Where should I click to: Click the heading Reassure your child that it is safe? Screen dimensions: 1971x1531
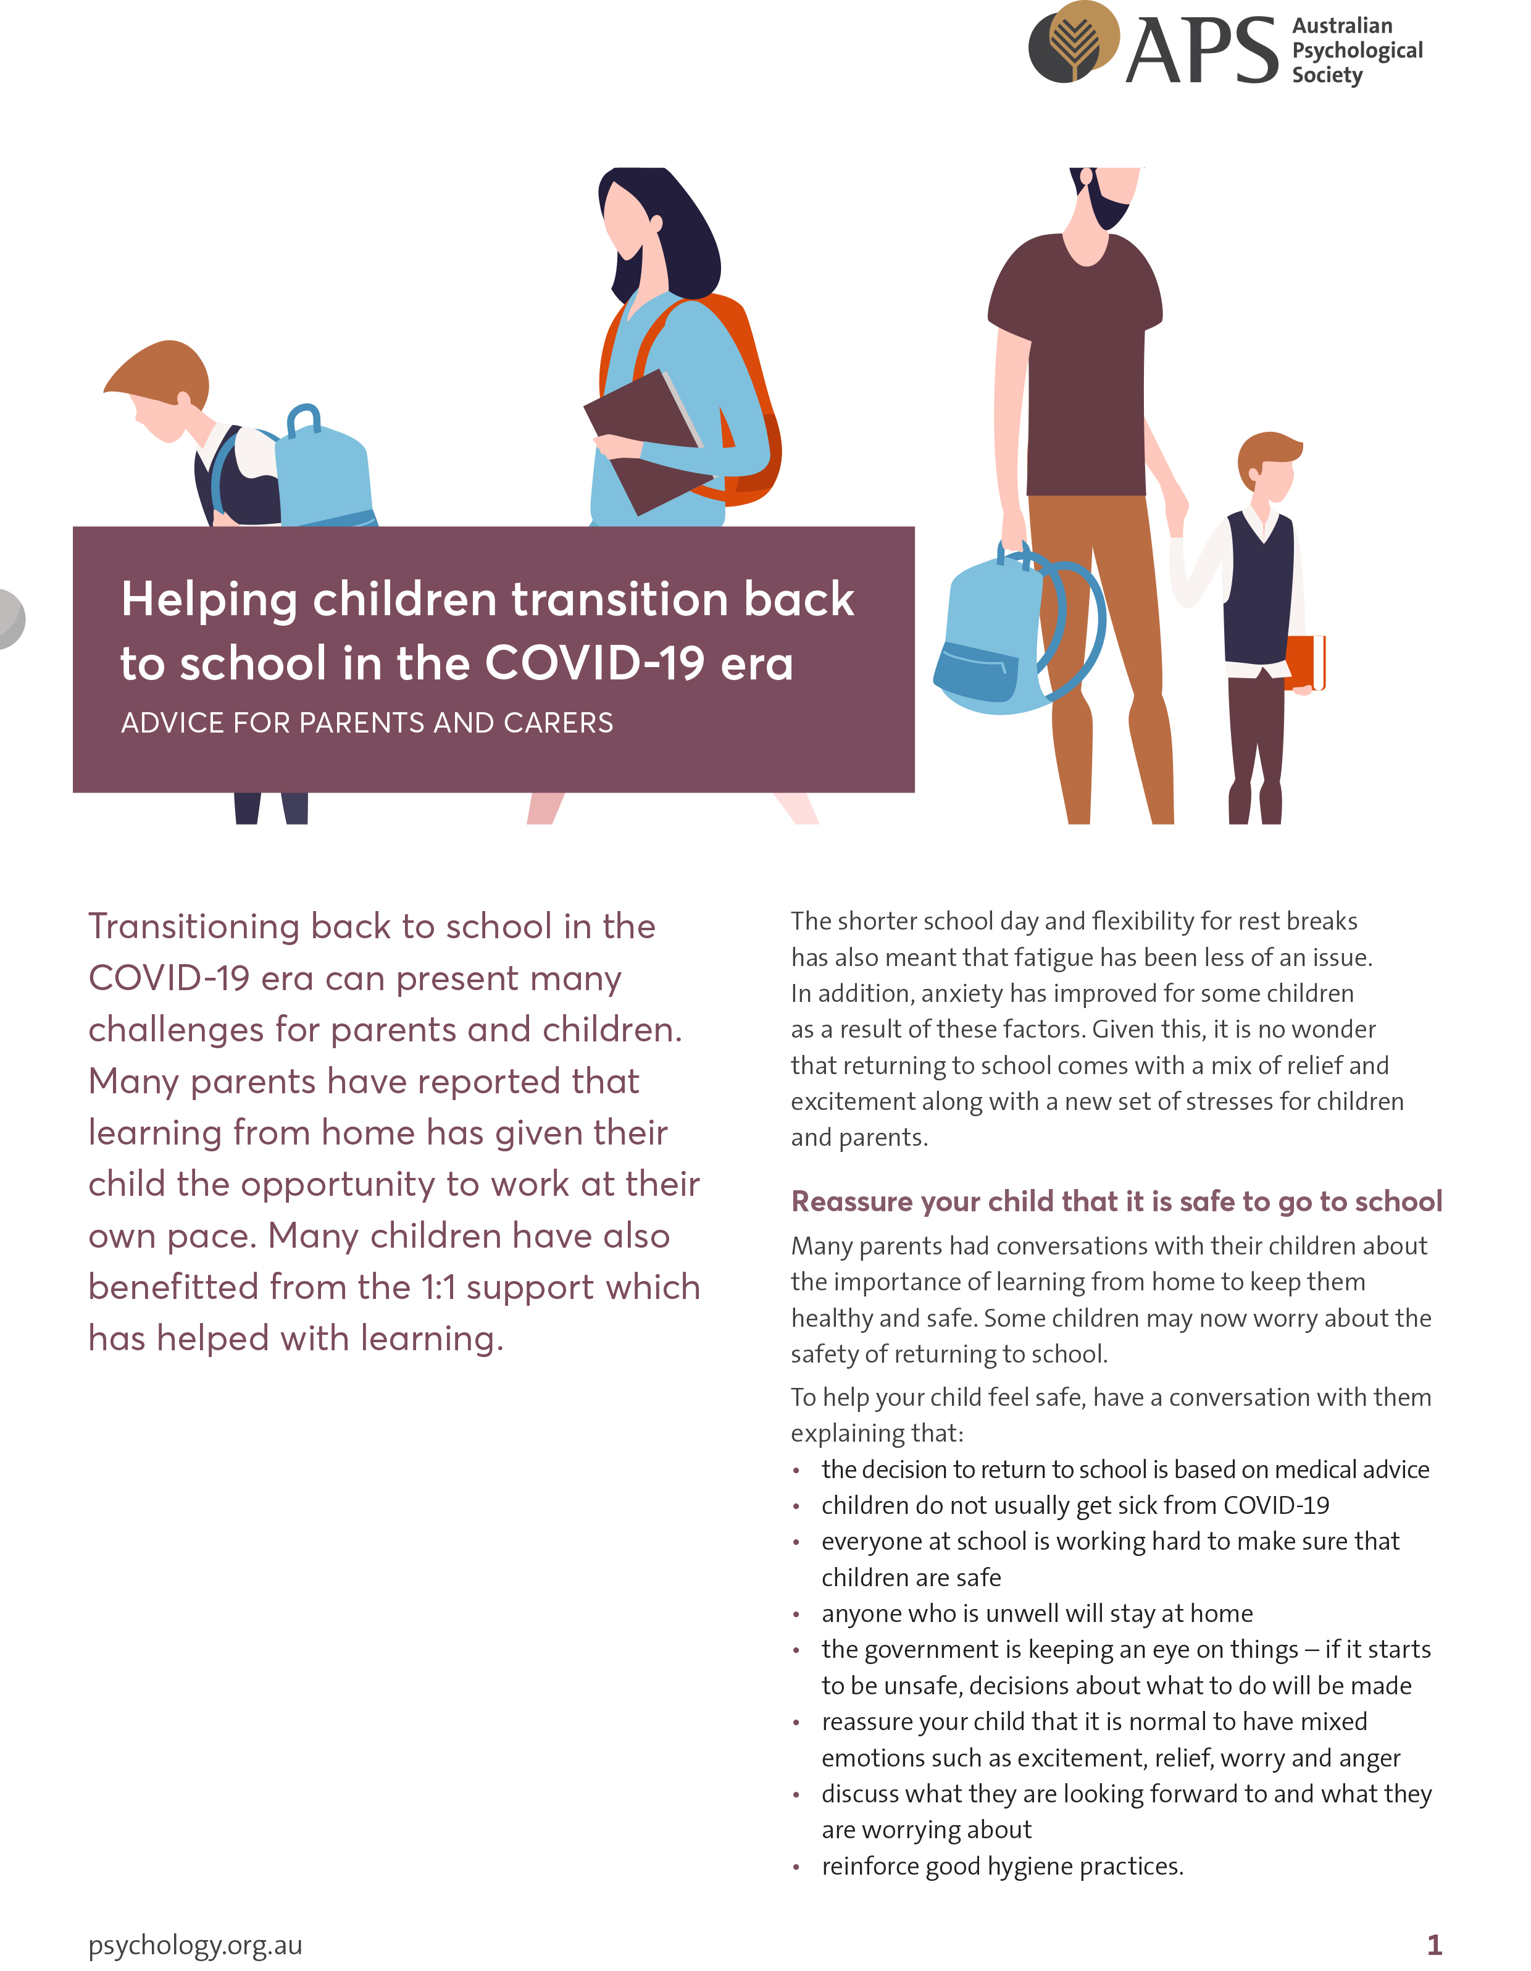[x=1116, y=1201]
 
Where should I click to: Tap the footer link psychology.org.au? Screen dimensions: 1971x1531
[x=195, y=1945]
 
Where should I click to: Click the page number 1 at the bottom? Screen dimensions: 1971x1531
[x=1433, y=1945]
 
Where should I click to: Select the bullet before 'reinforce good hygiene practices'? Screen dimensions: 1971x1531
[x=796, y=1867]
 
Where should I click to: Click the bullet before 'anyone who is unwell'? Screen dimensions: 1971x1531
[x=796, y=1615]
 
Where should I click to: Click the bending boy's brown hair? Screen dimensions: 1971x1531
[x=162, y=366]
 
